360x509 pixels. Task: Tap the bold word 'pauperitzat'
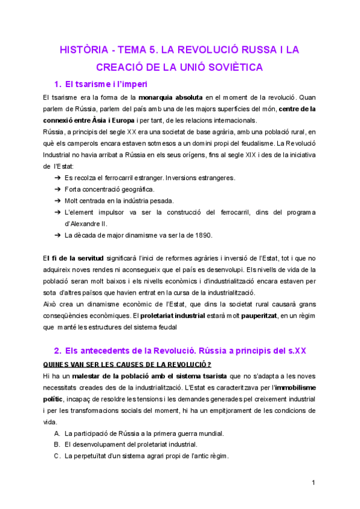click(257, 315)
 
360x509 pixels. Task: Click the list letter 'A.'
click(57, 433)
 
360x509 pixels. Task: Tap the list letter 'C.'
click(57, 456)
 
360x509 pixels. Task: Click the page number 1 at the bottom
click(313, 483)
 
